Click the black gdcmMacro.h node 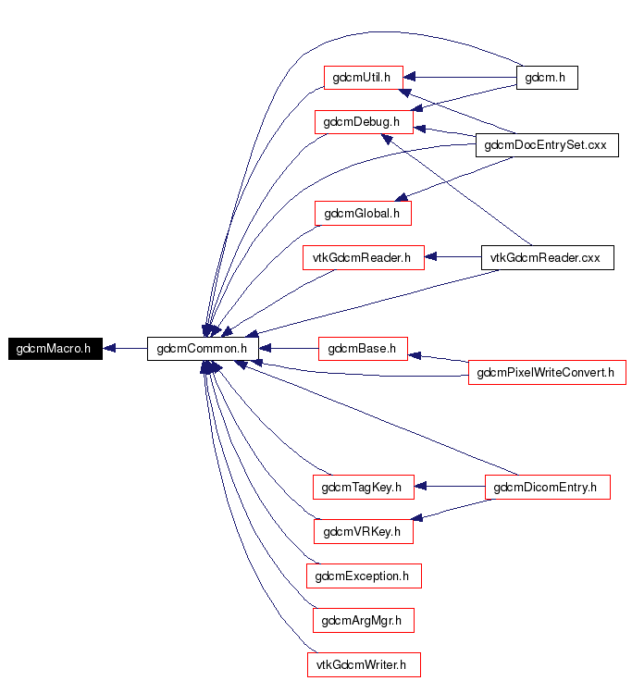[x=56, y=349]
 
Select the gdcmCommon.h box [x=203, y=349]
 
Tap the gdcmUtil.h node [x=364, y=78]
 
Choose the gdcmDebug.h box [x=364, y=122]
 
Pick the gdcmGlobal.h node [x=363, y=213]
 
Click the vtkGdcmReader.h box [x=364, y=257]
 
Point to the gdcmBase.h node [x=363, y=349]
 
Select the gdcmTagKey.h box [x=364, y=488]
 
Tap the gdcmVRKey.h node [x=364, y=532]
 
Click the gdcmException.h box [x=364, y=576]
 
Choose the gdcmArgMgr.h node [x=364, y=621]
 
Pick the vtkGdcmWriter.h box [x=364, y=665]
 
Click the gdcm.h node [x=547, y=78]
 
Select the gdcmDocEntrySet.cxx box [x=547, y=145]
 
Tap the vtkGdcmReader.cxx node [x=547, y=257]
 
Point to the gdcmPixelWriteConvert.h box [x=547, y=373]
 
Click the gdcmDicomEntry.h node [x=547, y=488]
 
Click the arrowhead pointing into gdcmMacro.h [x=109, y=348]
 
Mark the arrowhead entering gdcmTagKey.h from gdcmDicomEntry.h [x=420, y=487]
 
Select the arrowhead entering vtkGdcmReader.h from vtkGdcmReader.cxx [x=430, y=256]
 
